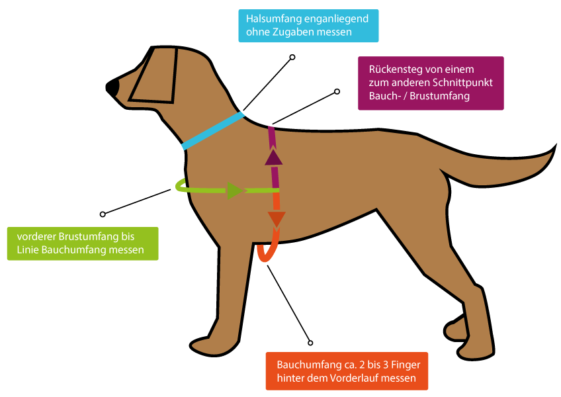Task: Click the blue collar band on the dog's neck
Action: (213, 131)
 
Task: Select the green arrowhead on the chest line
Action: (235, 191)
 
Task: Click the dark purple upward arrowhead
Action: (273, 157)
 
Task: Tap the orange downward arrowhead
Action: (276, 219)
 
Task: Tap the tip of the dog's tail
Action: (549, 155)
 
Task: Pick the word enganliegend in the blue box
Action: (337, 19)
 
